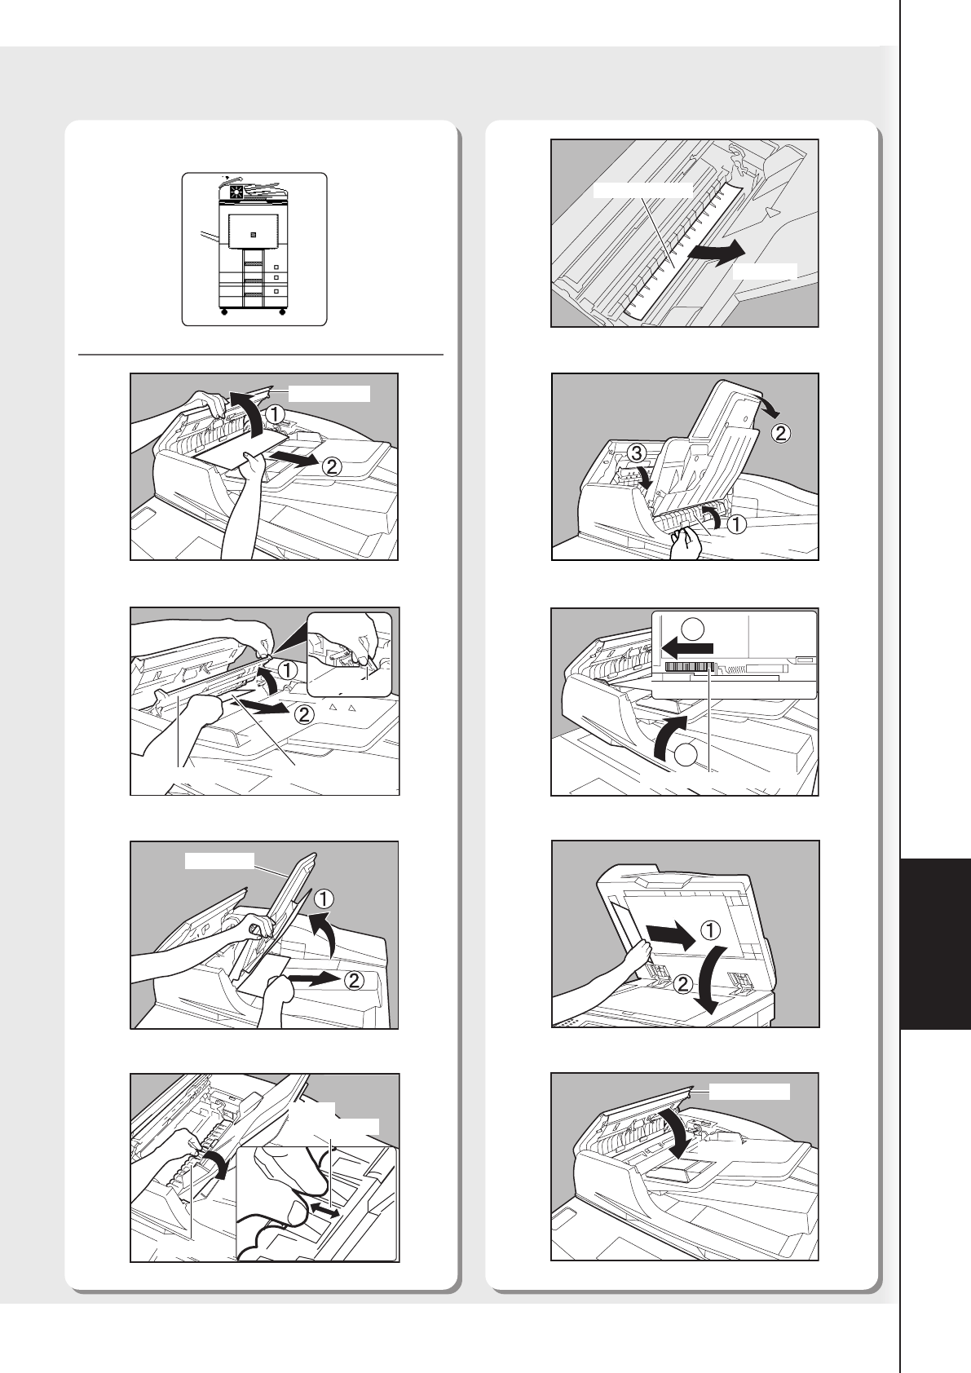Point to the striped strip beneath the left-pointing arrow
click(690, 668)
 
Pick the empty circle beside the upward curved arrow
click(688, 755)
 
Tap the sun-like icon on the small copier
click(236, 192)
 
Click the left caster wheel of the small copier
click(223, 312)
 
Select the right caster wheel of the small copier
click(282, 312)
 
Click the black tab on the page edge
click(936, 945)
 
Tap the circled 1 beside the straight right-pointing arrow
click(710, 930)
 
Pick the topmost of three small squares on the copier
click(276, 267)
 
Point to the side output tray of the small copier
click(209, 236)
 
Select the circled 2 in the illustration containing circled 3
click(780, 434)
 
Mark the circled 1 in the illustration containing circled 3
click(738, 524)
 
